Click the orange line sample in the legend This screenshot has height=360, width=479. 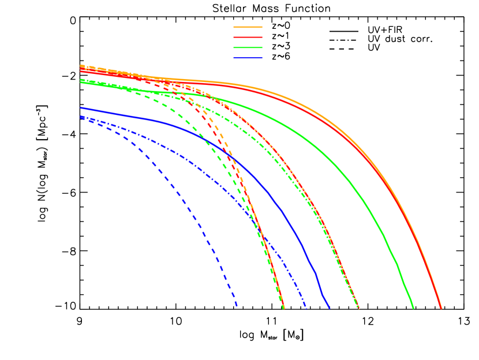point(248,27)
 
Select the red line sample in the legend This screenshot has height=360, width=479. point(248,37)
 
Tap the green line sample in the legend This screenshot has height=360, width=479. point(248,48)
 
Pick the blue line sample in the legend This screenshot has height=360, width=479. point(248,58)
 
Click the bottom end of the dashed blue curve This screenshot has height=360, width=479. point(237,306)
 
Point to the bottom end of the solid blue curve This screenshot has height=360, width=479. point(330,308)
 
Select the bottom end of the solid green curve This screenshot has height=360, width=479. point(413,308)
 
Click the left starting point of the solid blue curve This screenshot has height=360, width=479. point(81,108)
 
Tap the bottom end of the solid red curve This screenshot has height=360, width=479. point(441,309)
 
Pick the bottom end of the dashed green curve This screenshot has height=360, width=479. point(283,308)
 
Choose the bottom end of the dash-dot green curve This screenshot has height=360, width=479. point(358,308)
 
